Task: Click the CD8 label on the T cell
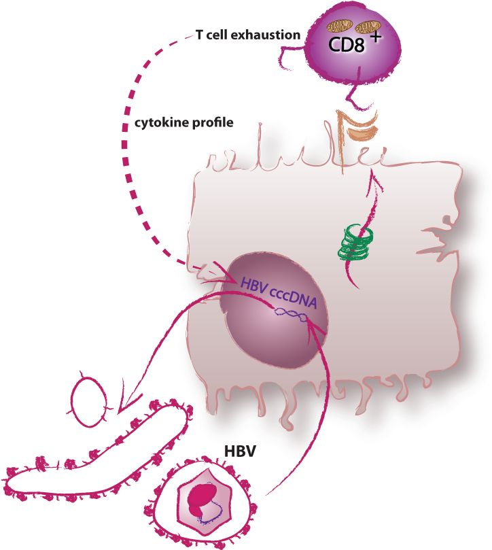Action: point(347,45)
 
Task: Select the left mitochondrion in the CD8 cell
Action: point(339,27)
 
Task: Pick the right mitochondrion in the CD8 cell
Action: point(368,27)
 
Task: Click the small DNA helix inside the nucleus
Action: point(291,315)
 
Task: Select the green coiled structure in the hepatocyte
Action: point(355,243)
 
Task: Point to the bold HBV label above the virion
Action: point(240,451)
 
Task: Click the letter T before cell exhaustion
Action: point(199,35)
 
